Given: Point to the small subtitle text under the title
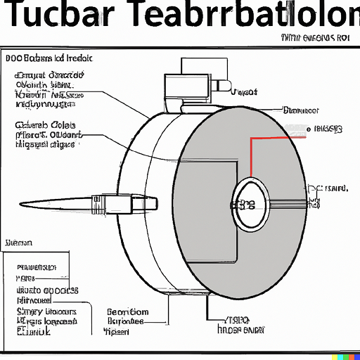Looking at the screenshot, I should (315, 38).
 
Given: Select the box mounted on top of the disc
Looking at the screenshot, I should (188, 91).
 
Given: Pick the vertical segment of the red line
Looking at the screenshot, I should (251, 158).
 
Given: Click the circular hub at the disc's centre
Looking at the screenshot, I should (248, 203).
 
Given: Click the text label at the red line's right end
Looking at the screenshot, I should (328, 129).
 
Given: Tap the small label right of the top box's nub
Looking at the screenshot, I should (244, 92).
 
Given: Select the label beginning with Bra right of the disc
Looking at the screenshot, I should (300, 110).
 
